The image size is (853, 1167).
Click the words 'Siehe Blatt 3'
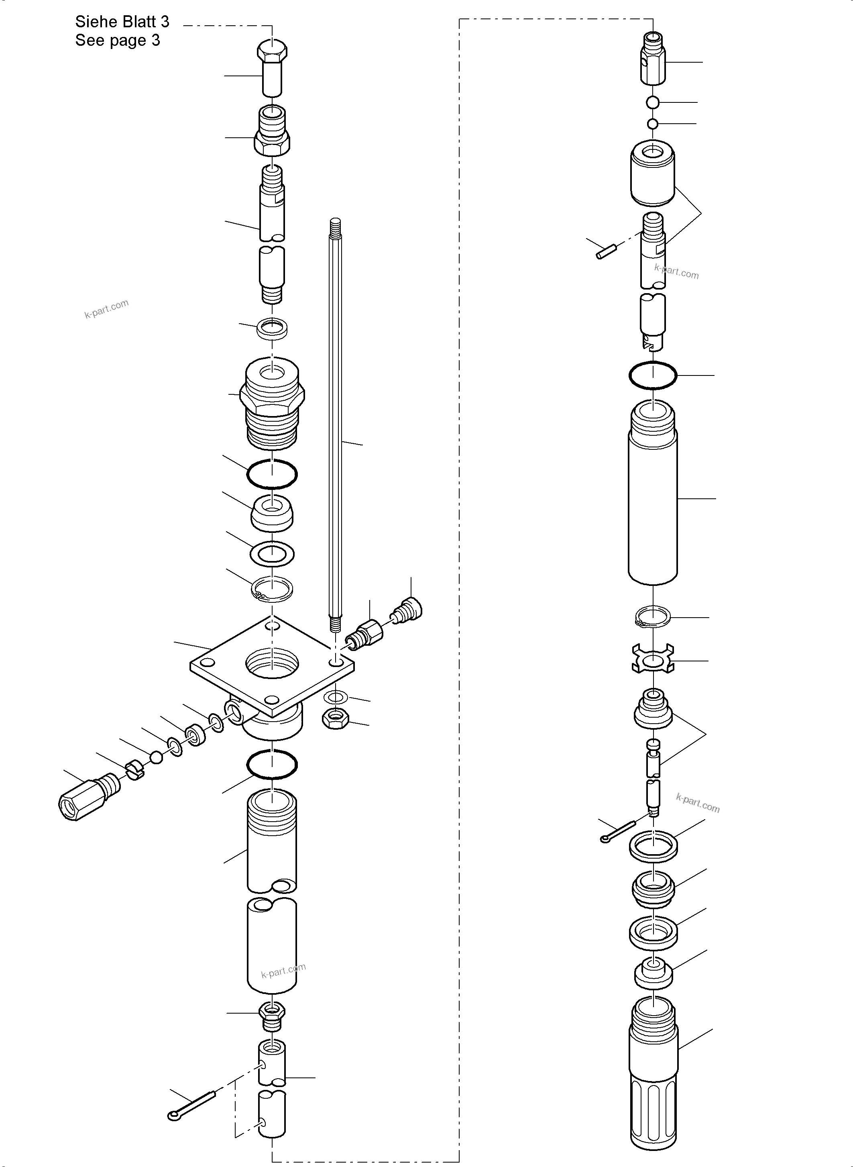coord(122,22)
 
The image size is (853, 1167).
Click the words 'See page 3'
coord(118,40)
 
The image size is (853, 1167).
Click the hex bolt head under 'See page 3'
coord(272,51)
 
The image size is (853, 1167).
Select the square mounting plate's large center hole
coord(272,663)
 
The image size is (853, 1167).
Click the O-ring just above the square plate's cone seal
coord(272,474)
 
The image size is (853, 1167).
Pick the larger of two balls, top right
coord(653,103)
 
